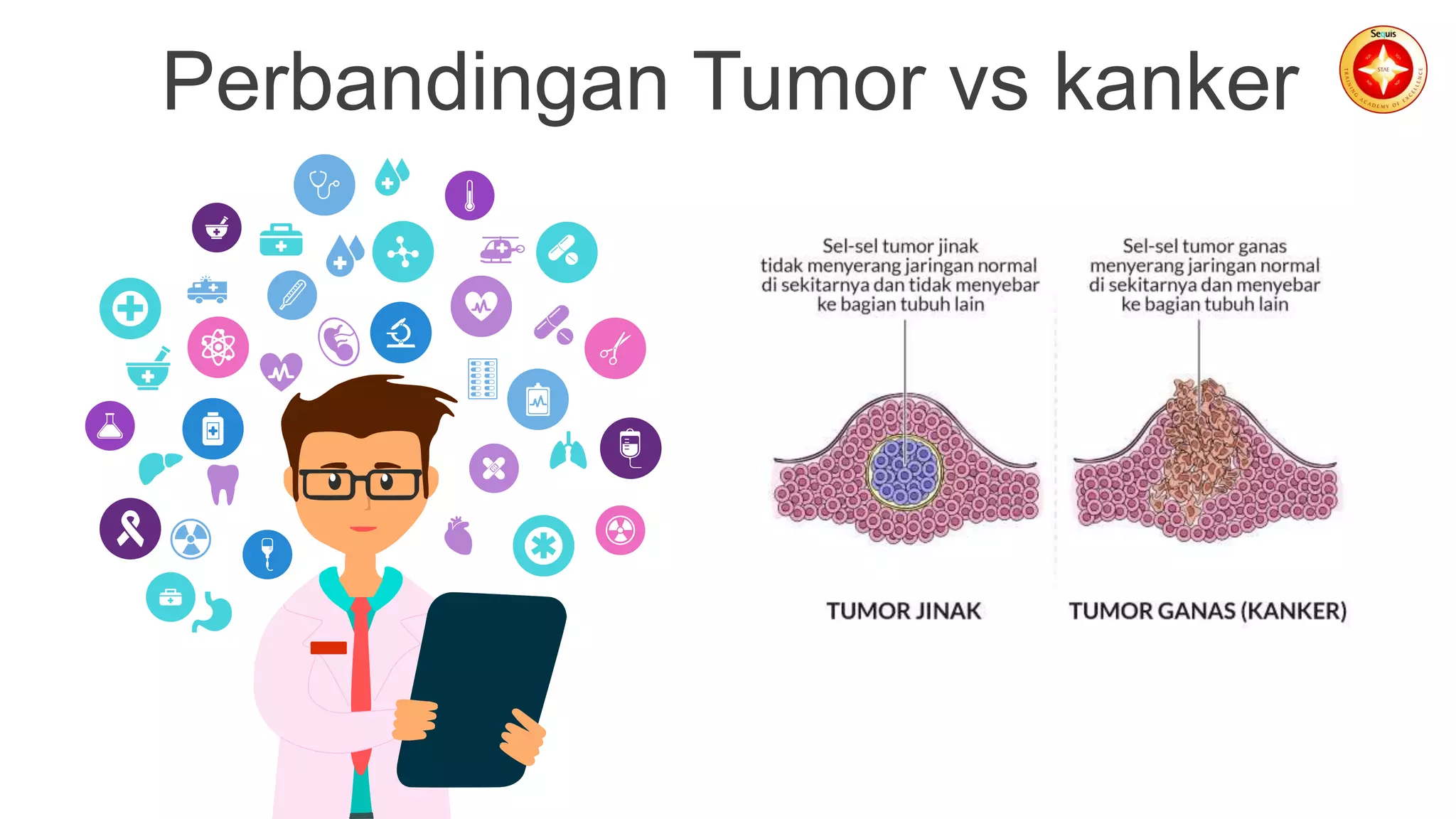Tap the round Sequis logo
(x=1383, y=70)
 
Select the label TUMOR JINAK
(x=903, y=611)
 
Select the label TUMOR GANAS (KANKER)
(x=1207, y=611)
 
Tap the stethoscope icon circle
(x=324, y=185)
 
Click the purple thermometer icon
(x=469, y=196)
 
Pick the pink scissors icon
(x=615, y=348)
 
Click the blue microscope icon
(x=401, y=333)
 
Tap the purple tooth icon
(x=223, y=484)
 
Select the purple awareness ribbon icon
(x=130, y=528)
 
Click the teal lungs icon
(x=567, y=451)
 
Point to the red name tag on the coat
(x=328, y=648)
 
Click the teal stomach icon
(x=213, y=612)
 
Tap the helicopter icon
(x=502, y=250)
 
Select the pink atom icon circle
(x=218, y=347)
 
